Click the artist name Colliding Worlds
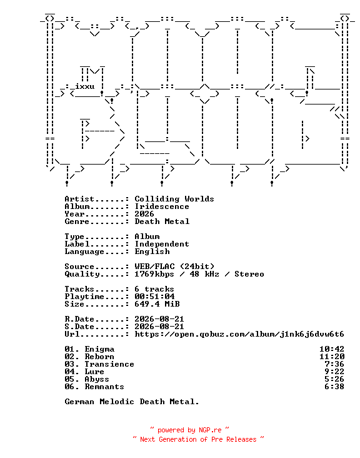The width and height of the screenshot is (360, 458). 174,199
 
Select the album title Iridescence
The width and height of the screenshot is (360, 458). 162,206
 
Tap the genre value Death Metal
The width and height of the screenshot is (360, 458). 162,221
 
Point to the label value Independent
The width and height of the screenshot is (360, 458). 162,244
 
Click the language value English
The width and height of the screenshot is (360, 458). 152,252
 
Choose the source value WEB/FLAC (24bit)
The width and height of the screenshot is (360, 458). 174,267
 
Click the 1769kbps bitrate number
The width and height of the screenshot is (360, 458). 154,274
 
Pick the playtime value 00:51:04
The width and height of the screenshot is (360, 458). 154,297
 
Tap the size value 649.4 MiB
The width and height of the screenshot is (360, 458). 157,304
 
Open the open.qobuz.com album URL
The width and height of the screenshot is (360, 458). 239,334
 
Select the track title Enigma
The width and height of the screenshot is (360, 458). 99,349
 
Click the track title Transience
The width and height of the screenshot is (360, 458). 109,364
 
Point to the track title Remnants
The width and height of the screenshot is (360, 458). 104,387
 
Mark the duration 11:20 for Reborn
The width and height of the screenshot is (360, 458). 332,357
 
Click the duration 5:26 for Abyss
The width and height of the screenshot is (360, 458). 334,379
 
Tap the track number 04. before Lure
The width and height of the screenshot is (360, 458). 72,372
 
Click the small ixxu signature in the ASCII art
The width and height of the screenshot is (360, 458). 84,86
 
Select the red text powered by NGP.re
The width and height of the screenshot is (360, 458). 189,430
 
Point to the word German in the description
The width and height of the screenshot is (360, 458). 79,402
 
